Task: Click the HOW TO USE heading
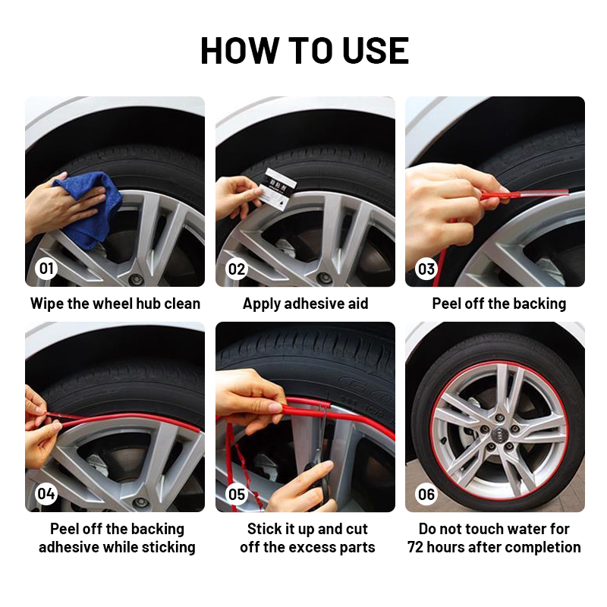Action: pyautogui.click(x=305, y=50)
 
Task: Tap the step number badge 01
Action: pyautogui.click(x=46, y=269)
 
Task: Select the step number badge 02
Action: pyautogui.click(x=237, y=269)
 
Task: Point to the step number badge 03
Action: pyautogui.click(x=426, y=269)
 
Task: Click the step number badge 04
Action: pyautogui.click(x=46, y=494)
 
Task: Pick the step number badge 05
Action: pyautogui.click(x=237, y=494)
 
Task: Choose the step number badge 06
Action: pyautogui.click(x=426, y=494)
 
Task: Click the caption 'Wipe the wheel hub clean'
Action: pyautogui.click(x=115, y=303)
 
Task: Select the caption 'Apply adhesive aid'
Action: pyautogui.click(x=306, y=304)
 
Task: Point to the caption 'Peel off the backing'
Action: pyautogui.click(x=499, y=304)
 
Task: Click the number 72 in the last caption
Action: pyautogui.click(x=415, y=547)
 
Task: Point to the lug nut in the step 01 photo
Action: pyautogui.click(x=136, y=278)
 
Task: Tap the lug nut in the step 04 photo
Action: pyautogui.click(x=140, y=503)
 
